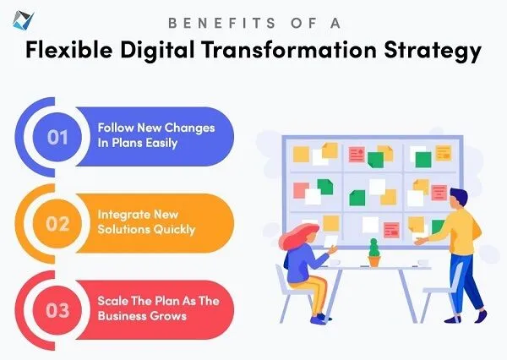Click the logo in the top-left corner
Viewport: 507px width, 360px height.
23,19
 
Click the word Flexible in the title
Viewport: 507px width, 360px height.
69,50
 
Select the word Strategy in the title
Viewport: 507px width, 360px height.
433,52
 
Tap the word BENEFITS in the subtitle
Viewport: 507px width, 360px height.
222,23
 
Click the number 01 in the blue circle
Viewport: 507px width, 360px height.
57,137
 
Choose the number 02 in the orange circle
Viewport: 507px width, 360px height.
57,223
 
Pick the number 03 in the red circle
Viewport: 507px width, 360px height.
57,310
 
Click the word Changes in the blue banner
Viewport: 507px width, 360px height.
190,128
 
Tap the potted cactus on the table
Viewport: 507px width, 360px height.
374,253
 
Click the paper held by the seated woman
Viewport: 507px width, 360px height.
330,242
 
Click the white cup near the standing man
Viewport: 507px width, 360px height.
423,262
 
